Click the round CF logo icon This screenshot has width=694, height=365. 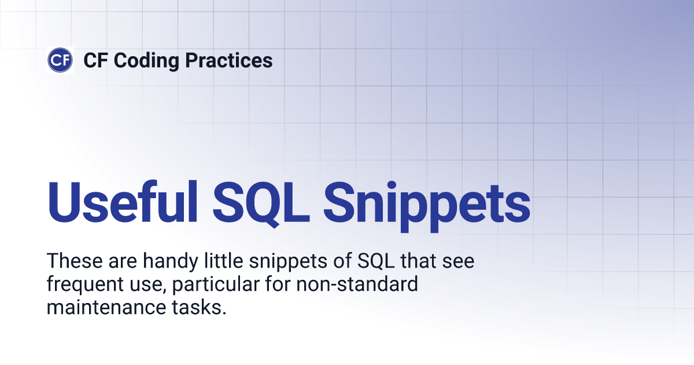click(60, 60)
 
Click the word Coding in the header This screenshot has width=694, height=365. click(146, 61)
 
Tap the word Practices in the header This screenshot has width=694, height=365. click(229, 60)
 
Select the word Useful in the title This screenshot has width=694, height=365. click(123, 202)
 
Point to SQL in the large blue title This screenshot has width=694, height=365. click(261, 203)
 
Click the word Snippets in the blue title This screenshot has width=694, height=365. click(427, 206)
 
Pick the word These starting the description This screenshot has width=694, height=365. click(75, 261)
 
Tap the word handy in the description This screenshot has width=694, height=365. click(171, 262)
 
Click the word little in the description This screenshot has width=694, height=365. click(224, 260)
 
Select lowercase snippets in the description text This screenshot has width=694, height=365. click(288, 262)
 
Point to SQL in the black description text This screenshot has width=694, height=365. click(376, 261)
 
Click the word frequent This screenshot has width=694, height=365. click(85, 285)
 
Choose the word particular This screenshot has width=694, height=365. click(216, 285)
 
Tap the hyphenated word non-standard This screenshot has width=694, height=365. click(357, 284)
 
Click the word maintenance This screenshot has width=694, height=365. click(106, 307)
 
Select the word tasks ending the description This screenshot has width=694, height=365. click(199, 307)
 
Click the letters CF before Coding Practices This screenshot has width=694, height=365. click(95, 60)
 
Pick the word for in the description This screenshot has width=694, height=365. click(278, 284)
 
